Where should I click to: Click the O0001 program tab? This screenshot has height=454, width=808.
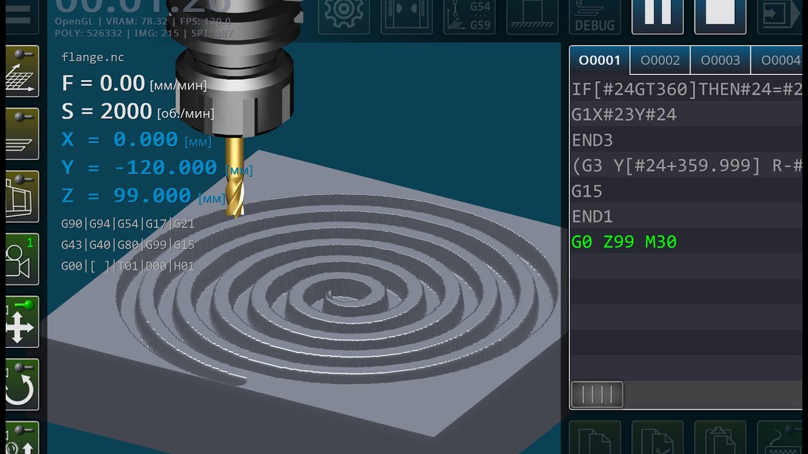[x=600, y=61]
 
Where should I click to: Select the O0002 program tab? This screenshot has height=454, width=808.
[x=660, y=61]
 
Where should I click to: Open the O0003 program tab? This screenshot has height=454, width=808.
[x=720, y=61]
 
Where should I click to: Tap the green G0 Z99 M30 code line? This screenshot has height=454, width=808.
[x=624, y=242]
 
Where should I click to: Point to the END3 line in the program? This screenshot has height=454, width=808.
[x=592, y=140]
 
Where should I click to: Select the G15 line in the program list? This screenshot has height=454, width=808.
[x=587, y=191]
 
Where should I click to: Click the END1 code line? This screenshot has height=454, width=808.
[x=592, y=217]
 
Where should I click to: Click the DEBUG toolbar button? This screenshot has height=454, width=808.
[x=595, y=16]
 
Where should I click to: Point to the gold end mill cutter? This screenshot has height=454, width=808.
[x=234, y=177]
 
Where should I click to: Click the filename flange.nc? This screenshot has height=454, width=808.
[x=93, y=57]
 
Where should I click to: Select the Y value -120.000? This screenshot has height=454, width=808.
[x=165, y=168]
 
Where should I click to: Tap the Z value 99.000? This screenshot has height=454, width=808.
[x=152, y=196]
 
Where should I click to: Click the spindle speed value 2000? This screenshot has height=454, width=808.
[x=126, y=112]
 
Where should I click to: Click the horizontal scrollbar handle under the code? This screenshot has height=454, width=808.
[x=597, y=395]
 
